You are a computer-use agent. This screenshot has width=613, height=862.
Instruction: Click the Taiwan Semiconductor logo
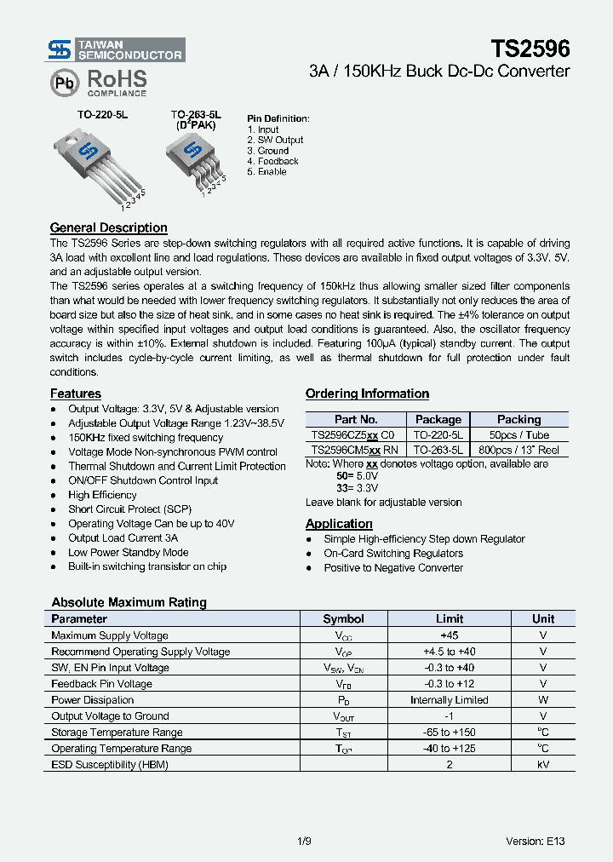pos(115,49)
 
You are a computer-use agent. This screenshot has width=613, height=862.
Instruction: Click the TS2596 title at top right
pos(530,48)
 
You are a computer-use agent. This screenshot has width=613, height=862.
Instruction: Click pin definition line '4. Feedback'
pos(272,161)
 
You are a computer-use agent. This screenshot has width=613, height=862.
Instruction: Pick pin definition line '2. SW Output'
pos(275,140)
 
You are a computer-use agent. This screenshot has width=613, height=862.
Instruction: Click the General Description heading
pos(108,227)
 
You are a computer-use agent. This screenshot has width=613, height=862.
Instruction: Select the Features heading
pos(75,394)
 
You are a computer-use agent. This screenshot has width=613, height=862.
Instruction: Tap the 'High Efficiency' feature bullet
pos(102,495)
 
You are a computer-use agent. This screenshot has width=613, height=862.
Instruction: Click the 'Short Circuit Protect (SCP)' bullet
pos(129,509)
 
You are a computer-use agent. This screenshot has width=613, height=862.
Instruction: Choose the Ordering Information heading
pos(367,394)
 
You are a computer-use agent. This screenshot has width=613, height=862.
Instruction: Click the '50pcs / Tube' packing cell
pos(518,434)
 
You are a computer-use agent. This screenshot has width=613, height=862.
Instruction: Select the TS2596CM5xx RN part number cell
pos(355,449)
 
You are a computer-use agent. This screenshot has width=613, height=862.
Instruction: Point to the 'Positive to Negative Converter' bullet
pos(393,568)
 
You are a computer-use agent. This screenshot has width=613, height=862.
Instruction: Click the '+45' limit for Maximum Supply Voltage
pos(449,635)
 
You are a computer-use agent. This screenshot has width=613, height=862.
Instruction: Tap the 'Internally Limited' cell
pos(449,700)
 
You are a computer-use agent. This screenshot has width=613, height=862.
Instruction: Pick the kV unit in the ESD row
pos(542,765)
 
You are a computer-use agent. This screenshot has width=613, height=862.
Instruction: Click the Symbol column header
pos(343,619)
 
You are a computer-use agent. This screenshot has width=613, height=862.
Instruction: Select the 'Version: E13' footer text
pos(535,841)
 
